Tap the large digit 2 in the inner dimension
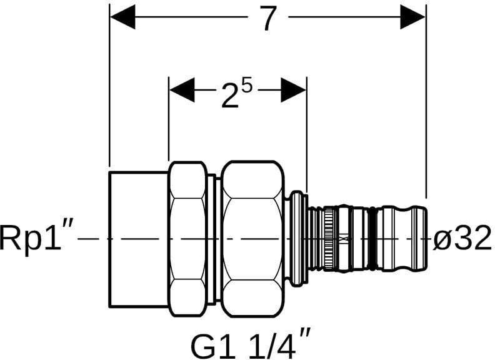pos(229,96)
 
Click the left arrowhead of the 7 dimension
pos(122,17)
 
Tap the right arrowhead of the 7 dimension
pos(413,17)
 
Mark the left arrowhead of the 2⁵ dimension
pos(182,90)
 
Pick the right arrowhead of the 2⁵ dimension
pos(293,90)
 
